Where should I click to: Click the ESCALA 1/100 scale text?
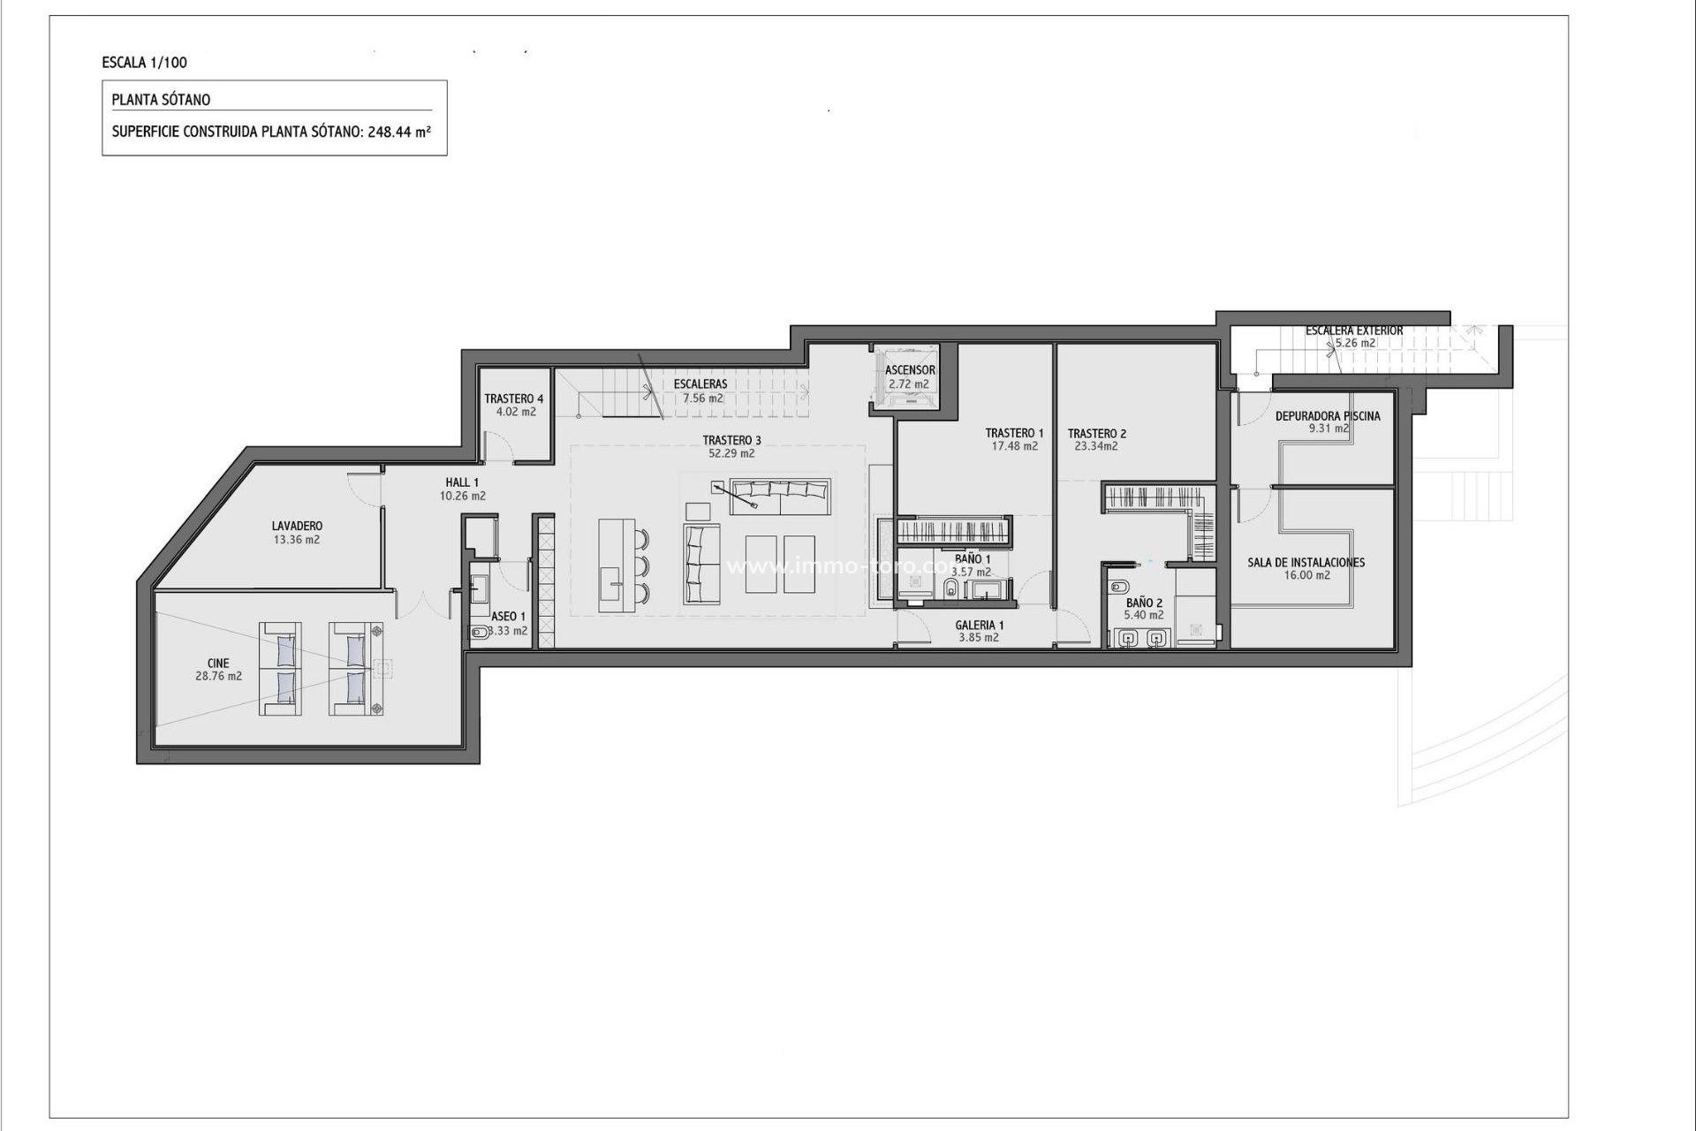145,63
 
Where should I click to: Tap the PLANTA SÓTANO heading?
161,100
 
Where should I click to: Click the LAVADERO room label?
297,527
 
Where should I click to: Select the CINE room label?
218,663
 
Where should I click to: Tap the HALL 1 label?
462,482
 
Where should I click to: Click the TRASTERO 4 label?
514,399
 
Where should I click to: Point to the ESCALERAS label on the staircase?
700,384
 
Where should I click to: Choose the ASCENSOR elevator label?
910,370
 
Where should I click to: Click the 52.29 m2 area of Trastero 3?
731,453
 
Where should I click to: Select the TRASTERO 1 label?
1014,433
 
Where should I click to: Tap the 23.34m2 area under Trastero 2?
1096,446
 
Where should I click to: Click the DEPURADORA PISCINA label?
1328,416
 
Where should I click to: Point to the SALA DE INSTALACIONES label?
1306,562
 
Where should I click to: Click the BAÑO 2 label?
1144,603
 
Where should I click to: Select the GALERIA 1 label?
979,625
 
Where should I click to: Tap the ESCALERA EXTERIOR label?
1354,330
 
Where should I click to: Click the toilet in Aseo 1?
478,632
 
